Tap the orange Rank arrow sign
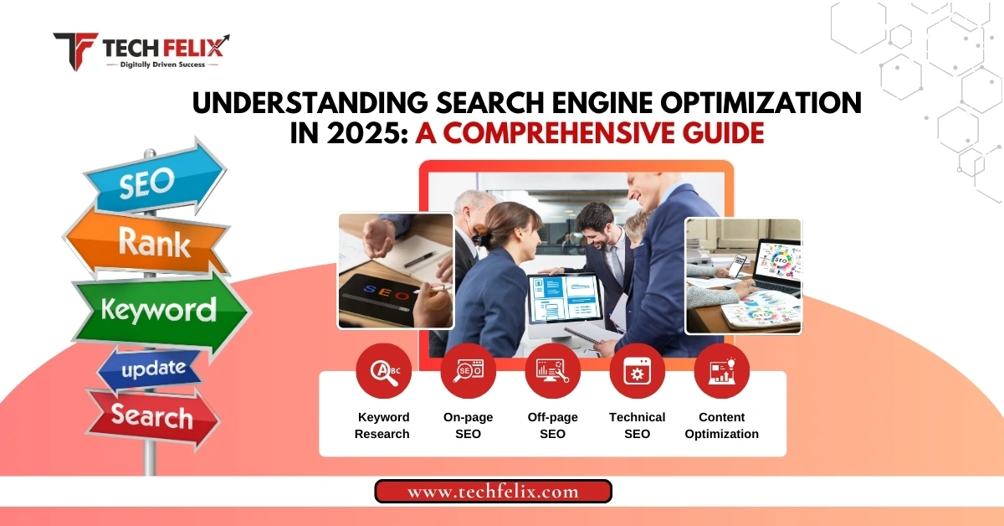(x=148, y=242)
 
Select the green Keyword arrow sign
(x=161, y=311)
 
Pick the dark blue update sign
(x=151, y=369)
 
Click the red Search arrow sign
(x=152, y=416)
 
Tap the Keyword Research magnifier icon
(x=384, y=371)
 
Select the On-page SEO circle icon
(x=468, y=371)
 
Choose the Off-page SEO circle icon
(x=553, y=371)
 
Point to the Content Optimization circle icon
(x=721, y=371)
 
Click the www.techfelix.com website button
(x=493, y=492)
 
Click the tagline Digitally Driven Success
(x=162, y=64)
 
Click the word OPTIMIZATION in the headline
(x=761, y=102)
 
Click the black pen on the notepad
(x=419, y=259)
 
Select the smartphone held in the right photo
(x=736, y=266)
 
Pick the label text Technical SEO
(x=637, y=425)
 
